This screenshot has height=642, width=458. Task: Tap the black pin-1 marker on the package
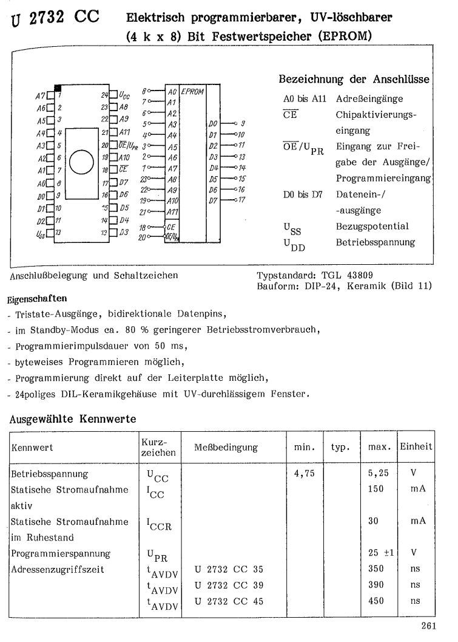pos(58,89)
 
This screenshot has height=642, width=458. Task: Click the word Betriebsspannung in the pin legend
pos(376,242)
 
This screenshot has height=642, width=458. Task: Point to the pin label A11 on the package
pos(125,132)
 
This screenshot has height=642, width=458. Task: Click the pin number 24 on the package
pos(105,95)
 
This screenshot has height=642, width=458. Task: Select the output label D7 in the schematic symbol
pos(211,199)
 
